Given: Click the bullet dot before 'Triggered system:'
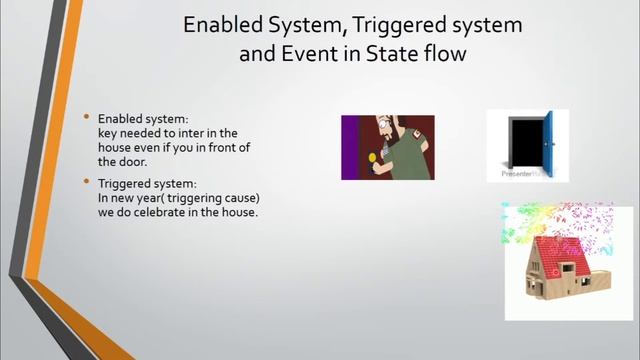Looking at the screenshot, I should coord(87,182).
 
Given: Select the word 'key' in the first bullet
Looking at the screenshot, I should coord(108,133).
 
